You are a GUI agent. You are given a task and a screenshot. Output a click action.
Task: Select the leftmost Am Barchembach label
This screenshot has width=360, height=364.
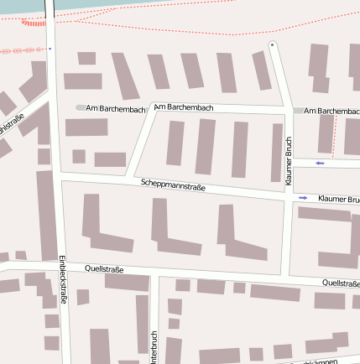(116, 108)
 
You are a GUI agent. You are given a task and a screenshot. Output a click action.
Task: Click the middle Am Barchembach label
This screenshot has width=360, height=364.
(184, 107)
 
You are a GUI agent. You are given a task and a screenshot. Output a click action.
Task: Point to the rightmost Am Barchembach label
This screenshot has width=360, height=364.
(331, 111)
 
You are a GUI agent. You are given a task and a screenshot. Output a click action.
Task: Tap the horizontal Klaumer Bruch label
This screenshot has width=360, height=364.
(338, 199)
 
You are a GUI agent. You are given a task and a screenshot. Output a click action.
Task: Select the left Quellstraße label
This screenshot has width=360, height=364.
(105, 269)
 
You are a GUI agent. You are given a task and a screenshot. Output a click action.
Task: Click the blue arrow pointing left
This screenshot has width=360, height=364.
(320, 162)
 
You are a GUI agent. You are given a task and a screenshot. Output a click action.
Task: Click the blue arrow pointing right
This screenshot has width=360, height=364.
(303, 198)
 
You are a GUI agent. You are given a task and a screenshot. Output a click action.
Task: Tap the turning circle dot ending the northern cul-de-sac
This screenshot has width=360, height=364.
(272, 44)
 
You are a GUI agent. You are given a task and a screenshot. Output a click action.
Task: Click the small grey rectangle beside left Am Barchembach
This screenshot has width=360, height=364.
(81, 108)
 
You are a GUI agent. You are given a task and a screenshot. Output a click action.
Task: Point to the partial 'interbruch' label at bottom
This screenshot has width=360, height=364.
(154, 345)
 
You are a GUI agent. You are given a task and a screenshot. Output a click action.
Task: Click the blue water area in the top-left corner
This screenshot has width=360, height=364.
(21, 5)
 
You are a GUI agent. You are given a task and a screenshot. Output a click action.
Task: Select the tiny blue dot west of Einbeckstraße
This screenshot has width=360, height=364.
(50, 48)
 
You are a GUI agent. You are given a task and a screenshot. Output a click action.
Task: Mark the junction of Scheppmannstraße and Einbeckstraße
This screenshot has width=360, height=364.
(57, 174)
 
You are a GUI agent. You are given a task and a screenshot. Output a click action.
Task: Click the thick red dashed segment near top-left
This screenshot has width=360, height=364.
(34, 23)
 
